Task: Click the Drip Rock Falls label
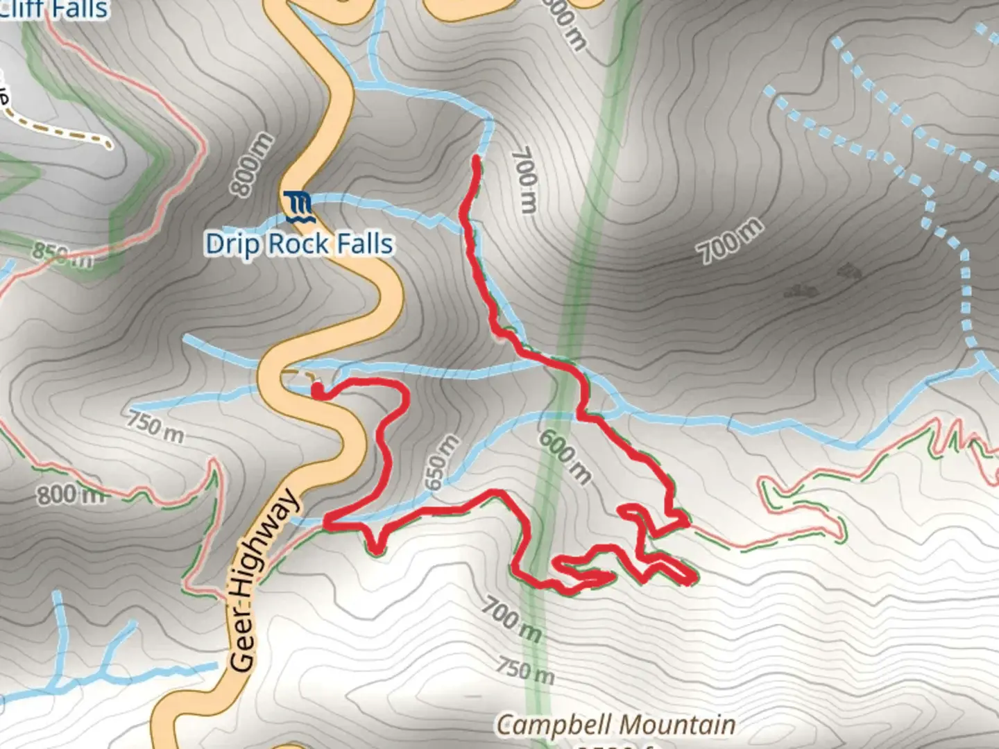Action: point(299,244)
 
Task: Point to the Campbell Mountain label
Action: point(615,725)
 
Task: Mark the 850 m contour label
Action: point(62,255)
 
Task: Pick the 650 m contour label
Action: point(442,463)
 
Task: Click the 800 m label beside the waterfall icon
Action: point(252,164)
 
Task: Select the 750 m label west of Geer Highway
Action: point(155,427)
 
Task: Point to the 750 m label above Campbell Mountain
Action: point(525,669)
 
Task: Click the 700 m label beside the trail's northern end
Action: point(524,179)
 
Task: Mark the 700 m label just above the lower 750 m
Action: point(511,619)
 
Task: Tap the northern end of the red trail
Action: point(476,160)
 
